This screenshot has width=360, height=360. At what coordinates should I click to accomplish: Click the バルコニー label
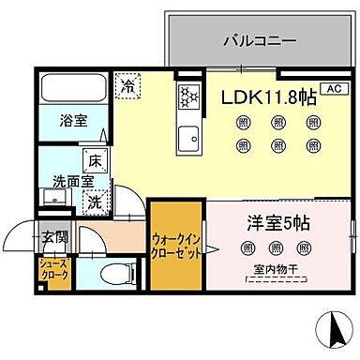pos(260,41)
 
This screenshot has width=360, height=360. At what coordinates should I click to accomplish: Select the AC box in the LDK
pos(331,89)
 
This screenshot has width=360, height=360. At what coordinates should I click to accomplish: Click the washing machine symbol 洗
pos(95,200)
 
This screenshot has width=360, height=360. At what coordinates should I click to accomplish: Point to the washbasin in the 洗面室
pos(52,198)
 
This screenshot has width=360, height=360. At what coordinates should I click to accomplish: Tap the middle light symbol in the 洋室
pos(274,247)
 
